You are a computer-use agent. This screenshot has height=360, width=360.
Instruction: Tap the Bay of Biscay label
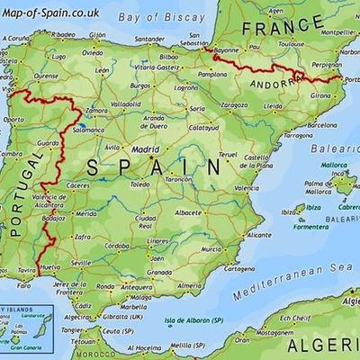(143, 15)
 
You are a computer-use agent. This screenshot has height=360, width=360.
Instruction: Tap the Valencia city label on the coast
(247, 188)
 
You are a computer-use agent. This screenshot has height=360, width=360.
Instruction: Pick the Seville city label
(81, 263)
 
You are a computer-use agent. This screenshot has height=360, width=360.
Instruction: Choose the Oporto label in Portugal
(14, 119)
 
